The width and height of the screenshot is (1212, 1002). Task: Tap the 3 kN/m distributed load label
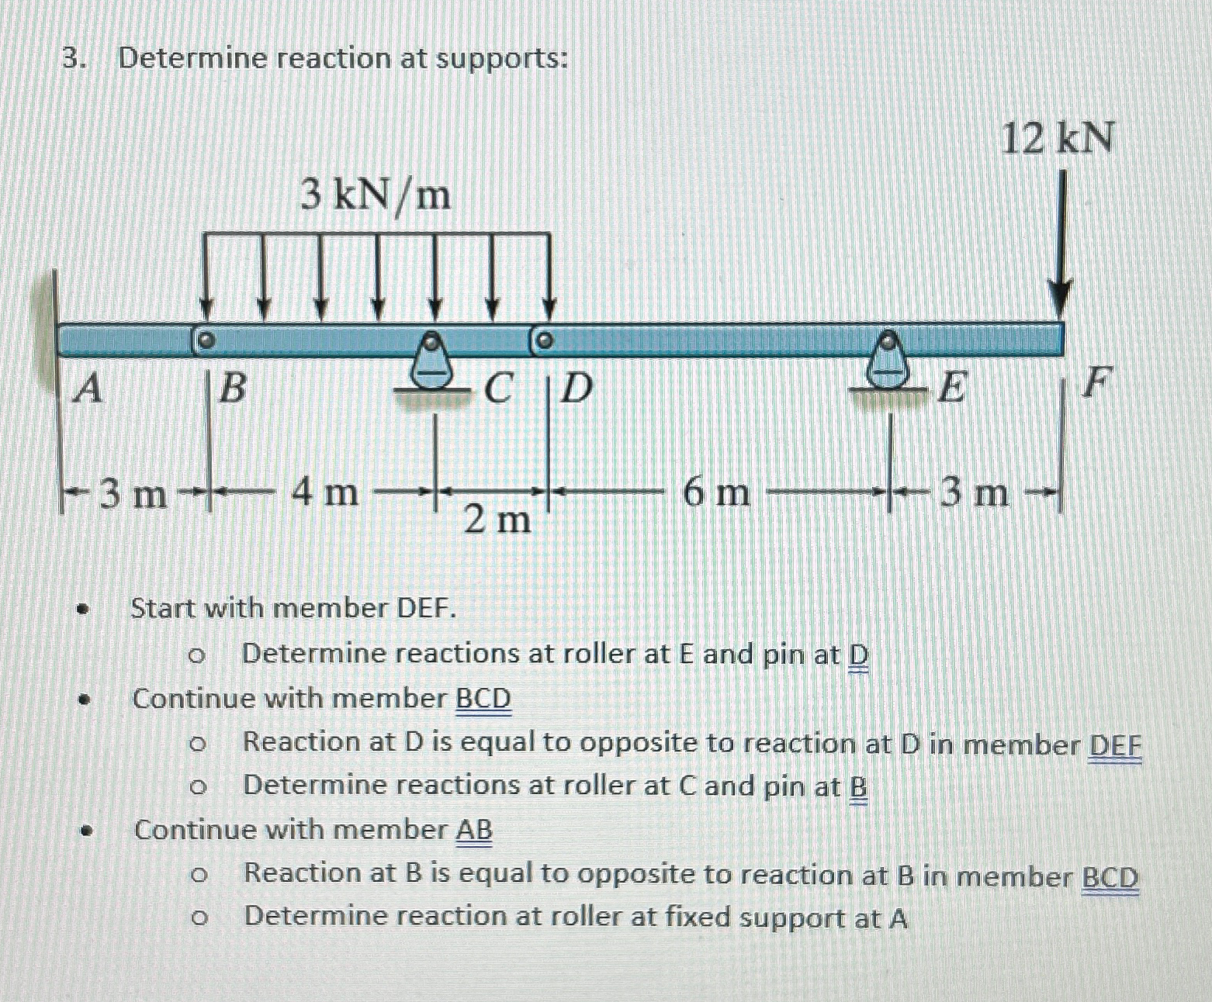(x=376, y=195)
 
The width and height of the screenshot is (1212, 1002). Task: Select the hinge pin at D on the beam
(x=543, y=340)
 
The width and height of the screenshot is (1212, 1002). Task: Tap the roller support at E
(x=887, y=363)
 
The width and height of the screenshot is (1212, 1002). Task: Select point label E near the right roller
(x=951, y=388)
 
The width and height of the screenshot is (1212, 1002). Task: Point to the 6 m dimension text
(x=716, y=492)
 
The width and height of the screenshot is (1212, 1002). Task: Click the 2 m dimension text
(x=497, y=520)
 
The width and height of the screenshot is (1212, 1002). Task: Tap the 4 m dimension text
(x=325, y=492)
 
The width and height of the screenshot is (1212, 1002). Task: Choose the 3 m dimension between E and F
(x=975, y=492)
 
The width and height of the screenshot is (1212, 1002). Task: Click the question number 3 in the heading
(x=71, y=59)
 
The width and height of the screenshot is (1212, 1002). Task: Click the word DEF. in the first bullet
(x=426, y=609)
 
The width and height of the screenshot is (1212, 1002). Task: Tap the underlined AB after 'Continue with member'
(x=473, y=831)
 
